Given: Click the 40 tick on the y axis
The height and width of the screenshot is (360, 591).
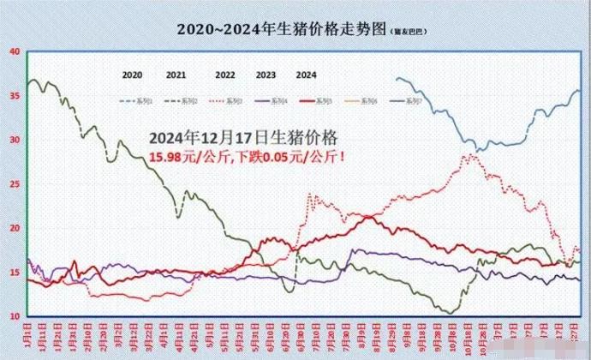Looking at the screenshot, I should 15,51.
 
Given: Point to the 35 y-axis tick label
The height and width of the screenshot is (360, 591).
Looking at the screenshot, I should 15,95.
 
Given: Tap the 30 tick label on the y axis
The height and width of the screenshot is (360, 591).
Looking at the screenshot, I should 15,140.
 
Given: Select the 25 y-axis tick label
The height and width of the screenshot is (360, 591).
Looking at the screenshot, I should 15,184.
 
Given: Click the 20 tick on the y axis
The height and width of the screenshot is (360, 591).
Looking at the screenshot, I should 15,228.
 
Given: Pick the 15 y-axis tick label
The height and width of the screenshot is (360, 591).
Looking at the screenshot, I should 15,273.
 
